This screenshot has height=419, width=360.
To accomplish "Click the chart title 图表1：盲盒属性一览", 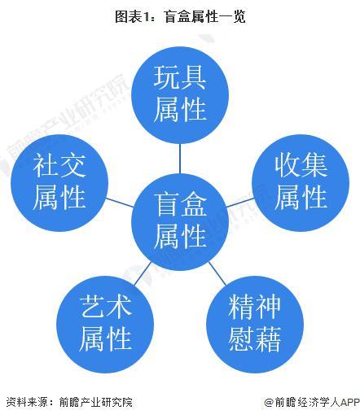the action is tap(180, 16).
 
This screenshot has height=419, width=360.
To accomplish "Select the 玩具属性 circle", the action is tap(180, 95).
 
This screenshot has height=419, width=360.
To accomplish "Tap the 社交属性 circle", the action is tap(59, 183).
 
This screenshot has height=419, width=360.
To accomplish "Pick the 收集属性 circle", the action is tap(301, 183).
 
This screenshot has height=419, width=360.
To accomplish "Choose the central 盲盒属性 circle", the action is tap(180, 222).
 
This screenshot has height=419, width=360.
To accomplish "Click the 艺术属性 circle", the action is tap(105, 325).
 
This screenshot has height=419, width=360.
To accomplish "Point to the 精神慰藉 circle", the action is tap(255, 325).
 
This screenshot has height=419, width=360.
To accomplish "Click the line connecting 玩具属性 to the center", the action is tap(180, 159).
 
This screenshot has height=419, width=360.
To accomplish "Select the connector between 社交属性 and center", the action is tap(120, 203).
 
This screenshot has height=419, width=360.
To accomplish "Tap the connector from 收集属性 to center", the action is tap(240, 203).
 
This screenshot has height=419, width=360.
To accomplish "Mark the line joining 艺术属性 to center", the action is tap(143, 273).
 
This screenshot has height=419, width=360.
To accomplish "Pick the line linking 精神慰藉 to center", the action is tap(217, 273).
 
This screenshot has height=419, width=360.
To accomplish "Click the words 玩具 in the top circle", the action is tap(180, 78).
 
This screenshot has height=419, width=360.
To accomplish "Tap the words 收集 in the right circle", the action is tap(301, 165).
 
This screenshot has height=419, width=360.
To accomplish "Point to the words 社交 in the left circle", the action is tap(59, 165).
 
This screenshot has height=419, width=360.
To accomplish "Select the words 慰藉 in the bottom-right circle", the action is tap(255, 339).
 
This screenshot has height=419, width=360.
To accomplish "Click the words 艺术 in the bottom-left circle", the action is tap(105, 307).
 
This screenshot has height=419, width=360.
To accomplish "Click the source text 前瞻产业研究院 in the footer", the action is tap(96, 402).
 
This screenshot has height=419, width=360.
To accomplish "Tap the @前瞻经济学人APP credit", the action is tap(312, 402).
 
